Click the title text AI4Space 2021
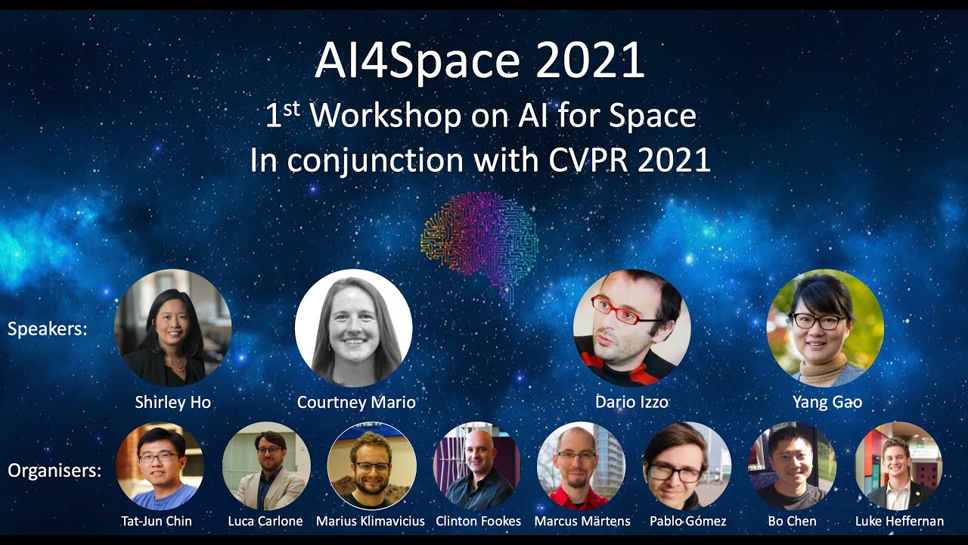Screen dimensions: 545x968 tap(479, 62)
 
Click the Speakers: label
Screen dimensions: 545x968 tap(47, 329)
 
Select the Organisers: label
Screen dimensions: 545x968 tap(54, 471)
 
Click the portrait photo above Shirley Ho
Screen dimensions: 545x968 tap(172, 328)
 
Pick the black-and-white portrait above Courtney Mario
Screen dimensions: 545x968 tap(353, 328)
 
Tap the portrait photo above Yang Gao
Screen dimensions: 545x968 tap(825, 328)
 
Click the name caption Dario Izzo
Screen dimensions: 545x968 tap(631, 402)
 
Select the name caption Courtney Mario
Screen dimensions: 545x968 tap(356, 402)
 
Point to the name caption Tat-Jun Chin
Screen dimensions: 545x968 tap(157, 521)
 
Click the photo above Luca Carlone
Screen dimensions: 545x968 tap(265, 466)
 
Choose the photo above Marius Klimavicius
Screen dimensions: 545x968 tap(371, 466)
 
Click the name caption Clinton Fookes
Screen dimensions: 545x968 tap(478, 521)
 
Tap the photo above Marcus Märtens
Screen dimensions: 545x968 tap(581, 466)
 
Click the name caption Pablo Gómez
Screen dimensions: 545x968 tap(687, 521)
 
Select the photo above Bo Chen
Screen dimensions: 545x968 tap(792, 466)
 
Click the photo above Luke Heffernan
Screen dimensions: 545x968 tap(898, 466)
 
